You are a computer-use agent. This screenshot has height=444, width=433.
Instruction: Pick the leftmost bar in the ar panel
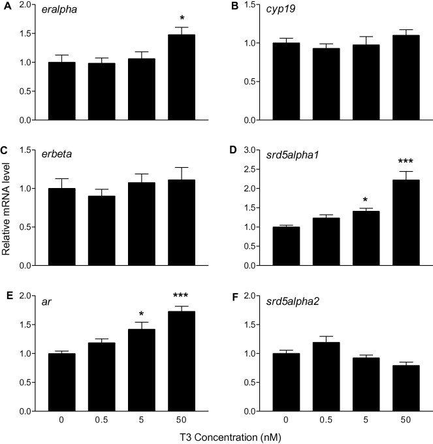63,383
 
